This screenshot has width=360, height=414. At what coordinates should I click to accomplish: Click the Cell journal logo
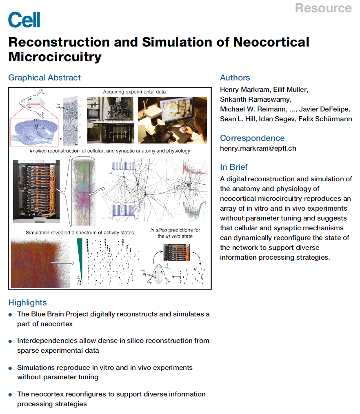tap(24, 19)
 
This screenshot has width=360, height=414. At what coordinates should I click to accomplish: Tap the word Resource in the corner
tap(323, 8)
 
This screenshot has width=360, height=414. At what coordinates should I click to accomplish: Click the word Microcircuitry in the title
tap(55, 56)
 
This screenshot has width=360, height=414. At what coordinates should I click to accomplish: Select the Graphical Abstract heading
tap(44, 78)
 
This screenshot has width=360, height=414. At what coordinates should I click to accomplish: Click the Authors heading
tap(235, 78)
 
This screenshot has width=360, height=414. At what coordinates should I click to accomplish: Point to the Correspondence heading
tap(252, 138)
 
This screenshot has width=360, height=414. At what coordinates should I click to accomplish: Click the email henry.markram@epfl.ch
tap(258, 148)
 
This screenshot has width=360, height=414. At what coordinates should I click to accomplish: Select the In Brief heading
tap(234, 167)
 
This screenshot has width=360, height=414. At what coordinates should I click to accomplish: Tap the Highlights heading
tap(27, 303)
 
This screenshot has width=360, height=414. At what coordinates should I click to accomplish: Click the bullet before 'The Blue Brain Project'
tap(11, 315)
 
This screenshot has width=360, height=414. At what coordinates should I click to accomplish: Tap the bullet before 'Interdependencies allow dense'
tap(11, 341)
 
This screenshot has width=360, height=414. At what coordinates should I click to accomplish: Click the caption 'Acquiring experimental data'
tap(134, 91)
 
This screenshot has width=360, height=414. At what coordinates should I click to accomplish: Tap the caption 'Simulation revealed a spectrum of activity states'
tap(80, 232)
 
